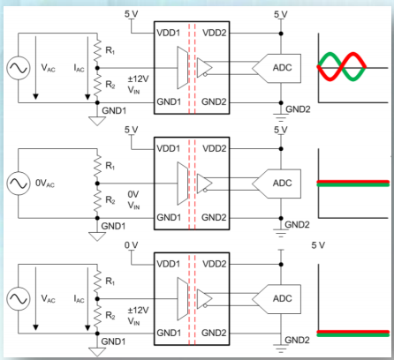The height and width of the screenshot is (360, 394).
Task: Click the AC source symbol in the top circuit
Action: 17,67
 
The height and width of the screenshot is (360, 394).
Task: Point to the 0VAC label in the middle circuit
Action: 46,183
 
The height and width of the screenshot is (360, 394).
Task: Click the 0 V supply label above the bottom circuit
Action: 132,244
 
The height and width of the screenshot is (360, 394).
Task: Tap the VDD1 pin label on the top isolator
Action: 170,33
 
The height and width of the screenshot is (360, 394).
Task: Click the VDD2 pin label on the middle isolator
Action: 214,149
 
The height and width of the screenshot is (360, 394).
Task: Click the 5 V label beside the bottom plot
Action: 320,244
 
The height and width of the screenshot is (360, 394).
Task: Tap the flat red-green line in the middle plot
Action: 352,183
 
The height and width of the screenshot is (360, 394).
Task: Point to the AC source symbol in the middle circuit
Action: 17,183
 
